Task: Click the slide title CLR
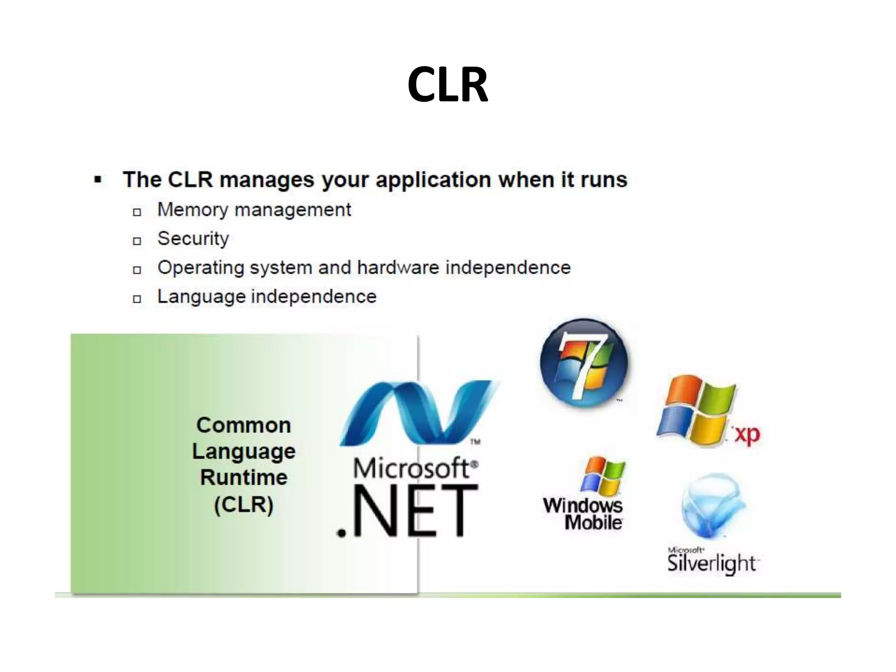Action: click(448, 84)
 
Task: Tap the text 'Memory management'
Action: click(254, 210)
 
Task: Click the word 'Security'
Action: click(193, 239)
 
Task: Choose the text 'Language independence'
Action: click(267, 297)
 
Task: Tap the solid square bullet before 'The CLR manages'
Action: click(98, 179)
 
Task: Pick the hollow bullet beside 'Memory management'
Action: click(137, 212)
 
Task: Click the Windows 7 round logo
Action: click(584, 363)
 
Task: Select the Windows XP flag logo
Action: click(696, 411)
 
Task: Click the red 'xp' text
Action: click(747, 434)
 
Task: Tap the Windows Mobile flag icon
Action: click(603, 476)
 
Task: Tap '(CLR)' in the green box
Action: click(244, 504)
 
